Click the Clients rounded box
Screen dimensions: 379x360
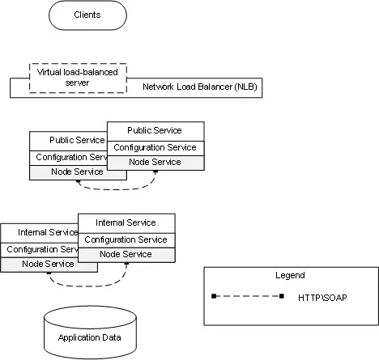pos(87,15)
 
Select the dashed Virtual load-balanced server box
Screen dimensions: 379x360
pos(78,78)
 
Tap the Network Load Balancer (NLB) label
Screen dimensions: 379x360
pos(200,87)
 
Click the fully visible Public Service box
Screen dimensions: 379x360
pos(155,131)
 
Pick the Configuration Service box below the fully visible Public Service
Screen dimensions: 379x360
pos(155,148)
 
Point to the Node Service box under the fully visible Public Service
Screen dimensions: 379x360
pos(155,163)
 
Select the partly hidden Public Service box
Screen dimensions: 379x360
pos(68,141)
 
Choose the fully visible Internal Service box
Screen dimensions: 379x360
pos(126,223)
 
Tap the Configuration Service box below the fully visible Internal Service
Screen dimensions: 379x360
pos(126,240)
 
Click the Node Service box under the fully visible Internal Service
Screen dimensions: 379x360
pos(126,255)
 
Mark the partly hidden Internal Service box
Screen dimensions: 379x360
pos(40,233)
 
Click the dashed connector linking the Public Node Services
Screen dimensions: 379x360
pos(116,189)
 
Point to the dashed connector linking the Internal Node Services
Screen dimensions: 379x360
pos(87,286)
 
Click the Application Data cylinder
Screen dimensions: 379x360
pos(90,332)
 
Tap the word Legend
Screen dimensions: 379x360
pos(290,275)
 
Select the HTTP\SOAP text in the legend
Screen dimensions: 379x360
pos(322,298)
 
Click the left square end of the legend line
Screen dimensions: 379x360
pos(214,296)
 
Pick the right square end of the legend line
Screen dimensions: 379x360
pos(282,296)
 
